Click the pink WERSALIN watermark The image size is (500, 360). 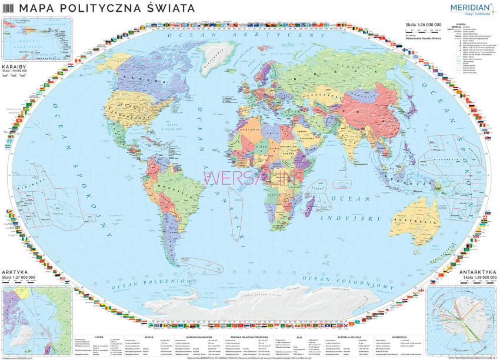point(253,177)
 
